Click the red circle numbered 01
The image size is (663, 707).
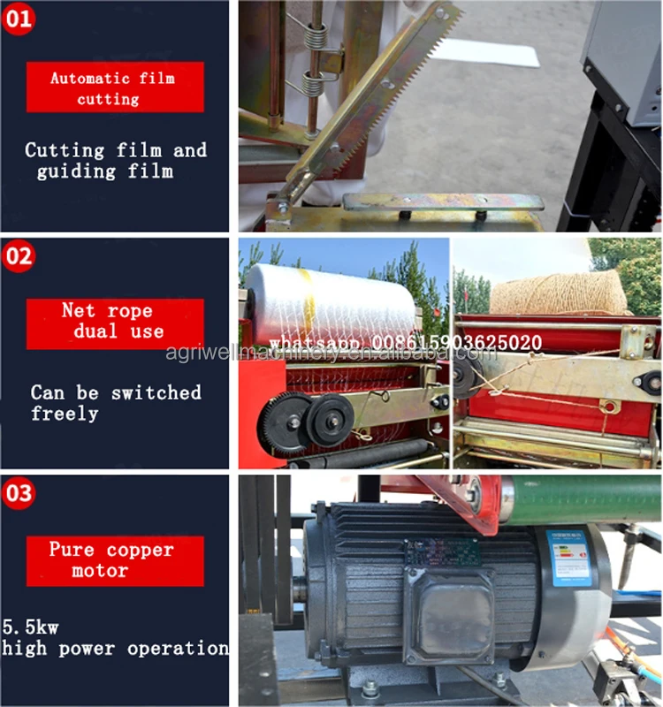click(x=19, y=18)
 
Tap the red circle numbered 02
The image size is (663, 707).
click(x=19, y=257)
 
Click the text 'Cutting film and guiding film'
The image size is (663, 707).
click(x=115, y=160)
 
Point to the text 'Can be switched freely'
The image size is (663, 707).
click(x=115, y=402)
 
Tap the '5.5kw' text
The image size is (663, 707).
click(x=30, y=627)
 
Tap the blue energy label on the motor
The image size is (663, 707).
click(x=567, y=558)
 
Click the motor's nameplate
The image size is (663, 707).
click(x=442, y=552)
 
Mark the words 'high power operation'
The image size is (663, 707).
click(x=115, y=648)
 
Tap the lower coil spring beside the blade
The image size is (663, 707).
click(x=315, y=84)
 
